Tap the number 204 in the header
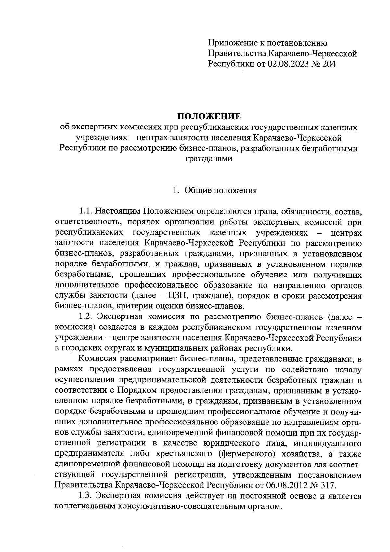[328, 64]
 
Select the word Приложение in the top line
[230, 43]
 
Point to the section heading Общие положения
[221, 190]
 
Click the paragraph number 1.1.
[85, 212]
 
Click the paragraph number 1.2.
[85, 316]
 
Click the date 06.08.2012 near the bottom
[288, 485]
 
